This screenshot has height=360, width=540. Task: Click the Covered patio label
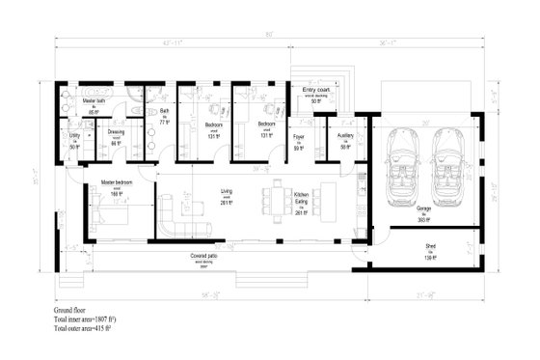[x=204, y=258]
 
